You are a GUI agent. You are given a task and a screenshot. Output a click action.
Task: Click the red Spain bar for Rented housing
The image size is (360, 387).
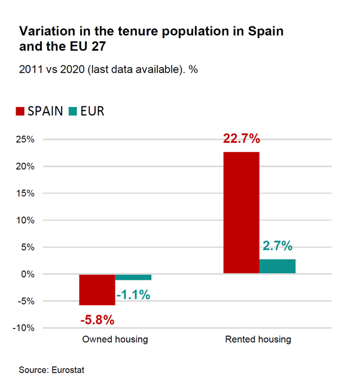(241, 212)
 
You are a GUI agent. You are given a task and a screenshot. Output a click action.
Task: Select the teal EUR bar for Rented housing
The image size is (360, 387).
(277, 266)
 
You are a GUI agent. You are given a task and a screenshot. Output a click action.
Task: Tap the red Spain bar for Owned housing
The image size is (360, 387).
(97, 290)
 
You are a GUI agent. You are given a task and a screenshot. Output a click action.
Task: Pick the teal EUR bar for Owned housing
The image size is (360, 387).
(133, 277)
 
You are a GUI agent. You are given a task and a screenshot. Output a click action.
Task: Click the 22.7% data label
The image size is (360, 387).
(242, 139)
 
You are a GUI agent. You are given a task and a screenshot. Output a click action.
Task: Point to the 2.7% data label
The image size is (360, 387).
(277, 246)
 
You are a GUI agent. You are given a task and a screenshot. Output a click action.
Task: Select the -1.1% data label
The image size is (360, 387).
(133, 294)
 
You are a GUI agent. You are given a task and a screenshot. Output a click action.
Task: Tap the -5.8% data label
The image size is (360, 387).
(97, 319)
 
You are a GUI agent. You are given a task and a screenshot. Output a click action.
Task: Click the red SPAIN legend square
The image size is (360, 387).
(19, 112)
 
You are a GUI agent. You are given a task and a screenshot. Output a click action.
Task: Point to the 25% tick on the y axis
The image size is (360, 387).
(25, 139)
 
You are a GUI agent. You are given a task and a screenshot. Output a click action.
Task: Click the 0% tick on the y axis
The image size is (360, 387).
(28, 274)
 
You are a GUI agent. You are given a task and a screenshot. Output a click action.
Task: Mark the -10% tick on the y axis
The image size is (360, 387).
(25, 328)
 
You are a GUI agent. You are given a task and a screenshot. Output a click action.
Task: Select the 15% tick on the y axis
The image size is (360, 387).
(25, 193)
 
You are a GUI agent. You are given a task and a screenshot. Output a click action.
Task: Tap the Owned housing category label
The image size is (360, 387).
(115, 340)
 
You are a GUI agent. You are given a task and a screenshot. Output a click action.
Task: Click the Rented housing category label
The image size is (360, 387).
(258, 340)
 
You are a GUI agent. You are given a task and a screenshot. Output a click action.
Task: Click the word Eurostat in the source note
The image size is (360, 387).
(66, 370)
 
